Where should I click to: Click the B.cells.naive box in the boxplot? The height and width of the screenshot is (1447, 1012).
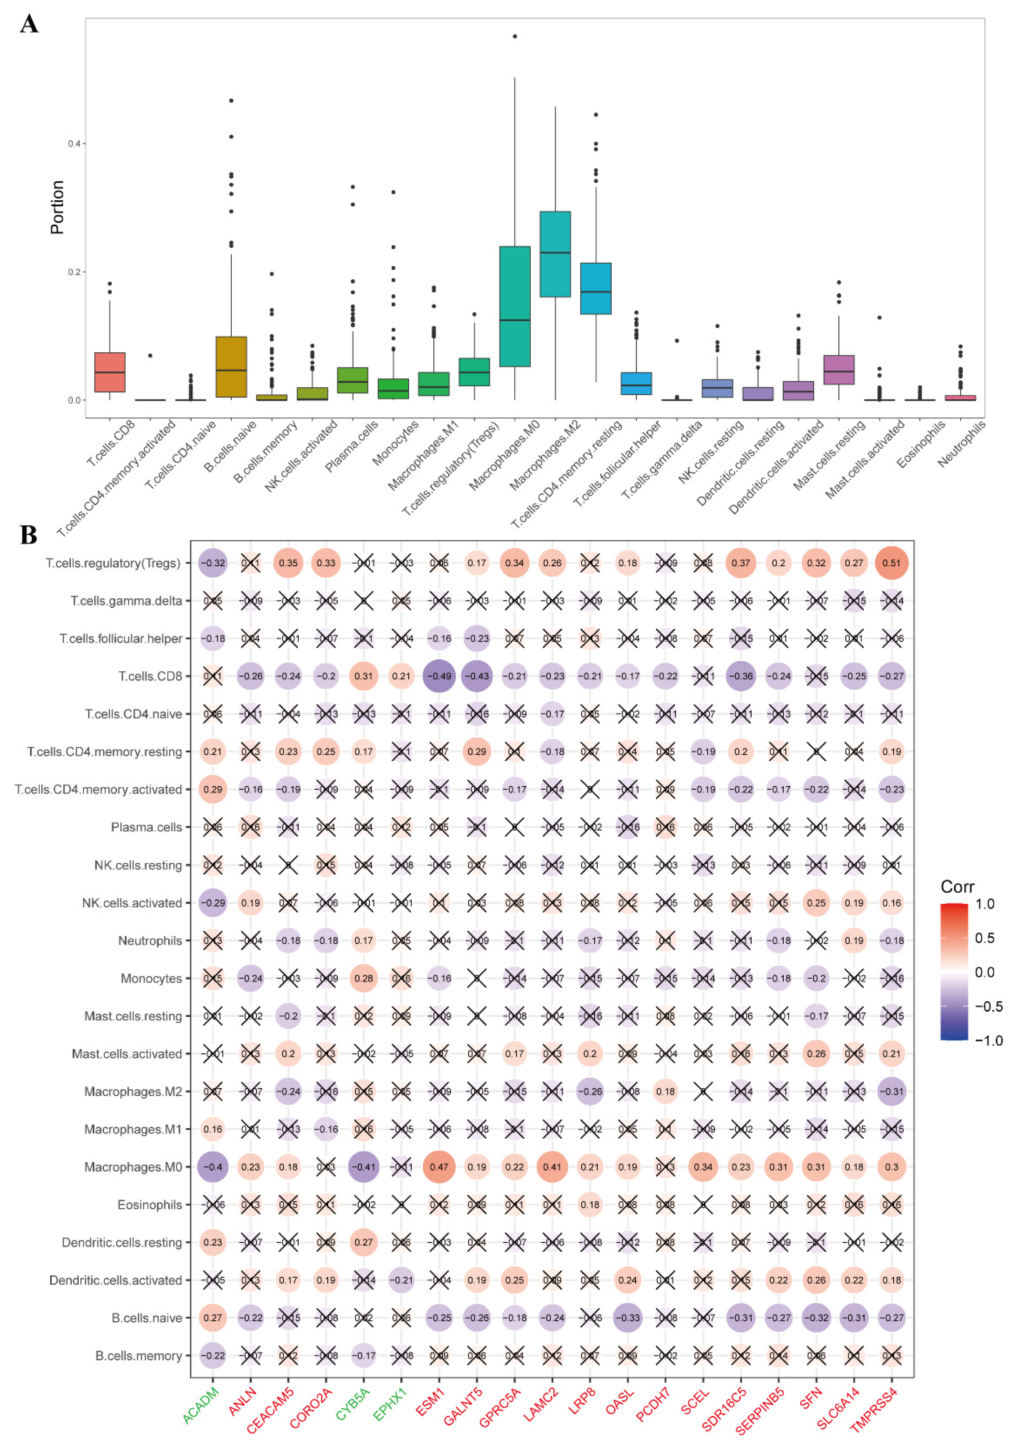(x=231, y=367)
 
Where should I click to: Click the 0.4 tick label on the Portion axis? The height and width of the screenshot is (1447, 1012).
(x=74, y=144)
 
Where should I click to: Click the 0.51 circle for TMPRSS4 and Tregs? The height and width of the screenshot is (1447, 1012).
(x=891, y=563)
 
